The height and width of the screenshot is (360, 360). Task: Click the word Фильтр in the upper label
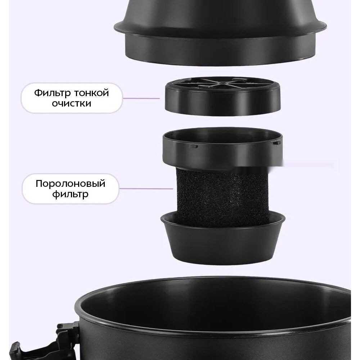[x=53, y=93]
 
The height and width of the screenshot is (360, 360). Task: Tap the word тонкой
[x=91, y=93]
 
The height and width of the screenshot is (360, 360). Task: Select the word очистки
[x=71, y=103]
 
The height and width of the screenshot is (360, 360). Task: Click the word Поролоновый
[x=71, y=184]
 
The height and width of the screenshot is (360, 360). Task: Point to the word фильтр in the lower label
[x=70, y=194]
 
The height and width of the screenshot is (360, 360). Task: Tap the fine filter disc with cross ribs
[x=222, y=96]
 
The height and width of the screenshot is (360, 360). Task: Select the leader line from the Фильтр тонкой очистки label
[x=141, y=99]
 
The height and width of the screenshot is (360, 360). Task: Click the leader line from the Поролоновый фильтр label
[x=146, y=189]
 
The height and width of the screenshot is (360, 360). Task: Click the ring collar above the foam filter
[x=223, y=148]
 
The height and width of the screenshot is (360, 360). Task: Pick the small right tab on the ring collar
[x=277, y=143]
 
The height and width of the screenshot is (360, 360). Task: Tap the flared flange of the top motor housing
[x=220, y=28]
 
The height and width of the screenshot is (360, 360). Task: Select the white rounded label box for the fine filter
[x=72, y=98]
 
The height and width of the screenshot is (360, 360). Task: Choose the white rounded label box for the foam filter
[x=71, y=189]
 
